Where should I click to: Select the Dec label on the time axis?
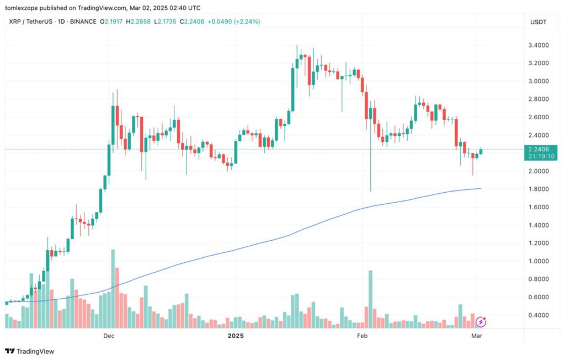tap(108, 336)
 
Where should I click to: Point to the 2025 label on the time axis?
tap(236, 336)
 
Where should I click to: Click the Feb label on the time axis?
tap(362, 336)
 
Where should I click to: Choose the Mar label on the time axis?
tap(477, 336)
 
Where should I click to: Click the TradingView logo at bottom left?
tap(30, 351)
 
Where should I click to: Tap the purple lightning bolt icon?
tap(481, 321)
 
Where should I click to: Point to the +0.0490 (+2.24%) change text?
tap(234, 22)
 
